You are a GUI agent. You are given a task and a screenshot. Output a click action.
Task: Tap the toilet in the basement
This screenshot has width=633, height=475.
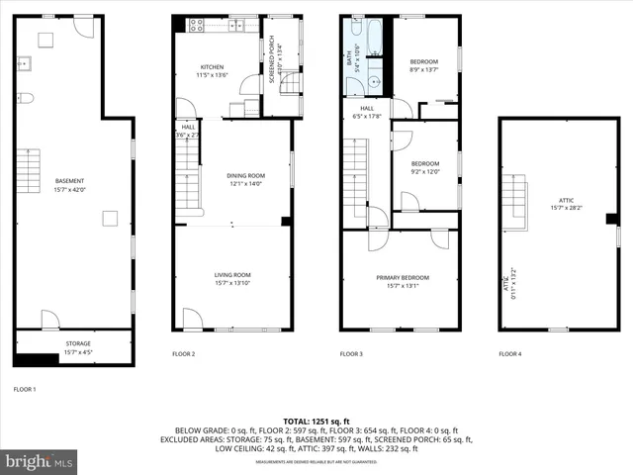(26, 98)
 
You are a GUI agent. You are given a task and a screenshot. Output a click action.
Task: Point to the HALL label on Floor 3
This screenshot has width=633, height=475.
(367, 111)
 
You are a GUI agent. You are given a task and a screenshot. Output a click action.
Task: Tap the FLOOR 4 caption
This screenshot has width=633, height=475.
(509, 354)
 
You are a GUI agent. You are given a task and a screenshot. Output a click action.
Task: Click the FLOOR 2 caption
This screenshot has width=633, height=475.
(183, 354)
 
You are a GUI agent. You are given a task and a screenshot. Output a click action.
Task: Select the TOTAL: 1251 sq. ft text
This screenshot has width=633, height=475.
(316, 422)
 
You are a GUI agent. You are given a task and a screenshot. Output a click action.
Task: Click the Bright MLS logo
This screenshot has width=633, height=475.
(40, 461)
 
